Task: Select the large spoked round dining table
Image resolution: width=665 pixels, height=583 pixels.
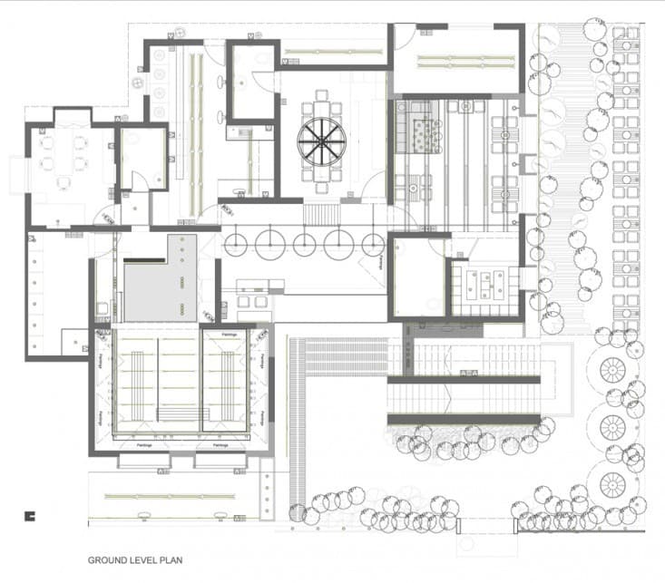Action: [321, 143]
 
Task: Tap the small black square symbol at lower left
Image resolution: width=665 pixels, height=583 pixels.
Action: [30, 516]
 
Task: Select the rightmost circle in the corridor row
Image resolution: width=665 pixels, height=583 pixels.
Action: [372, 243]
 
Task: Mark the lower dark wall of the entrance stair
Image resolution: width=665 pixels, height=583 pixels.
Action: [464, 418]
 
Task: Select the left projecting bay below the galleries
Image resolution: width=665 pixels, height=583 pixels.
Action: [144, 460]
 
